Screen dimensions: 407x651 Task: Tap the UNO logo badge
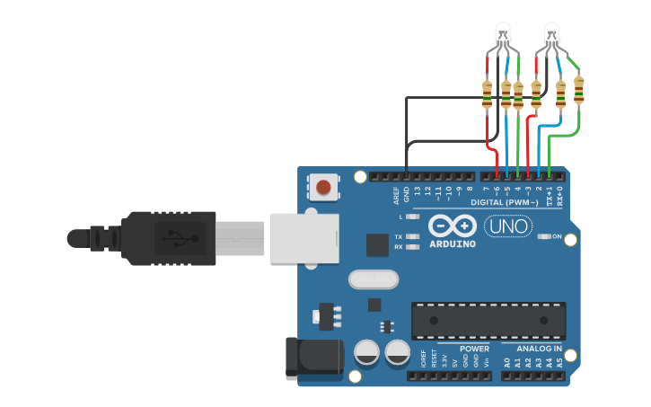point(508,226)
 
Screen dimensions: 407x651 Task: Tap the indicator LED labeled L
point(413,217)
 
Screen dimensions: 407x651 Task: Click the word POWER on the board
point(474,349)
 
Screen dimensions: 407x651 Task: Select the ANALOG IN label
point(539,349)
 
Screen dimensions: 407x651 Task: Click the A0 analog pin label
point(506,363)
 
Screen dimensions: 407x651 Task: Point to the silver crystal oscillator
point(372,280)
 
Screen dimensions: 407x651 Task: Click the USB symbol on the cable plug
point(171,238)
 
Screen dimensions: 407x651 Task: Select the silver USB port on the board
point(304,238)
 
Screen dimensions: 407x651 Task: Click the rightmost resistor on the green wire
point(578,91)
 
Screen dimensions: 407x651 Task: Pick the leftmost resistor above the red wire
point(488,93)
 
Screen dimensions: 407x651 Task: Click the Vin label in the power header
point(486,363)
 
